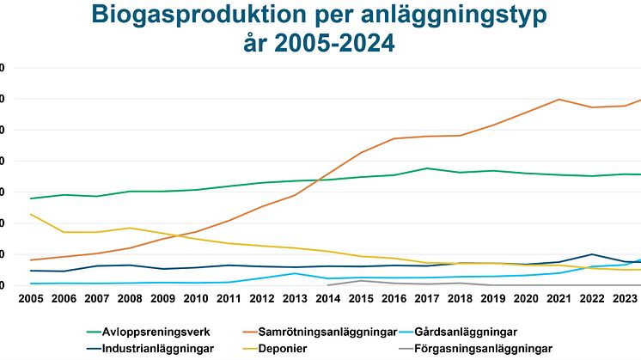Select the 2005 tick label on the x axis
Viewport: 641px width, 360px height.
(31, 299)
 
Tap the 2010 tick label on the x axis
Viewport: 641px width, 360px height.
(197, 299)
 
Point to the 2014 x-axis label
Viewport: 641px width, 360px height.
(328, 299)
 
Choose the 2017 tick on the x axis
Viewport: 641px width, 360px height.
(427, 299)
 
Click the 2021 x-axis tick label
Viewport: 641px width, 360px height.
(559, 299)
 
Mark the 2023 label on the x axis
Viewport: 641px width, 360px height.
(625, 299)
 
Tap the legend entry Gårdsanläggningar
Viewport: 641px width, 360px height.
(469, 331)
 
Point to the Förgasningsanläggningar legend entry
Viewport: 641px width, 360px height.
(481, 349)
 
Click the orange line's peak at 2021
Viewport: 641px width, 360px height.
(559, 99)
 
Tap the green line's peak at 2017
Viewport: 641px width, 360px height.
(427, 168)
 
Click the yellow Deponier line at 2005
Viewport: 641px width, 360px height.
(31, 214)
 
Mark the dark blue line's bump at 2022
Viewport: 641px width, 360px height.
(592, 254)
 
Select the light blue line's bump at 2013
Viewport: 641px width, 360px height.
(296, 273)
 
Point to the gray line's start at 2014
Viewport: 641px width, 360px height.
(328, 284)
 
